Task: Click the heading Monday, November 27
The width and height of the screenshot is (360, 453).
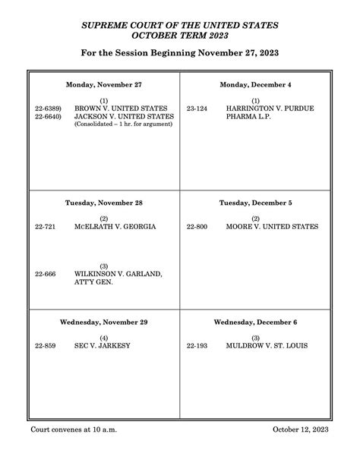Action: [x=103, y=84]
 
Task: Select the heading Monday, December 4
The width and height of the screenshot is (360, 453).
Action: [x=255, y=84]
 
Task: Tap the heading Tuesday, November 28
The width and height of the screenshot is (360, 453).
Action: [x=103, y=203]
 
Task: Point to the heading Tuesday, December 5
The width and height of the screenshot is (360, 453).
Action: [x=255, y=203]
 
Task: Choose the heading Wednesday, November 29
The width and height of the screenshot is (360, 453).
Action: [x=103, y=322]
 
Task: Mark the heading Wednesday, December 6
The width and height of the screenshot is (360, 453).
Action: [x=255, y=322]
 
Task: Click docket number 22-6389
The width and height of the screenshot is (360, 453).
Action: [x=48, y=109]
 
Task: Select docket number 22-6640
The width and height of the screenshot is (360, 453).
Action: [x=48, y=116]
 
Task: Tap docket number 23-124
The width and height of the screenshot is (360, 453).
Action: [x=197, y=109]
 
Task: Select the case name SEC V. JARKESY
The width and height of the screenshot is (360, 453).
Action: [x=103, y=346]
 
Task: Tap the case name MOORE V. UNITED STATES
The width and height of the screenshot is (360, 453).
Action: [x=272, y=227]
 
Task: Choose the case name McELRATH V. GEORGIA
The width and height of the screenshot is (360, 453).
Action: [x=115, y=227]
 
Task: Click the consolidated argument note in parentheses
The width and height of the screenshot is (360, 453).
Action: [x=123, y=124]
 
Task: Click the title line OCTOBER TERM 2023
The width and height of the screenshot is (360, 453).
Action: [x=179, y=35]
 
